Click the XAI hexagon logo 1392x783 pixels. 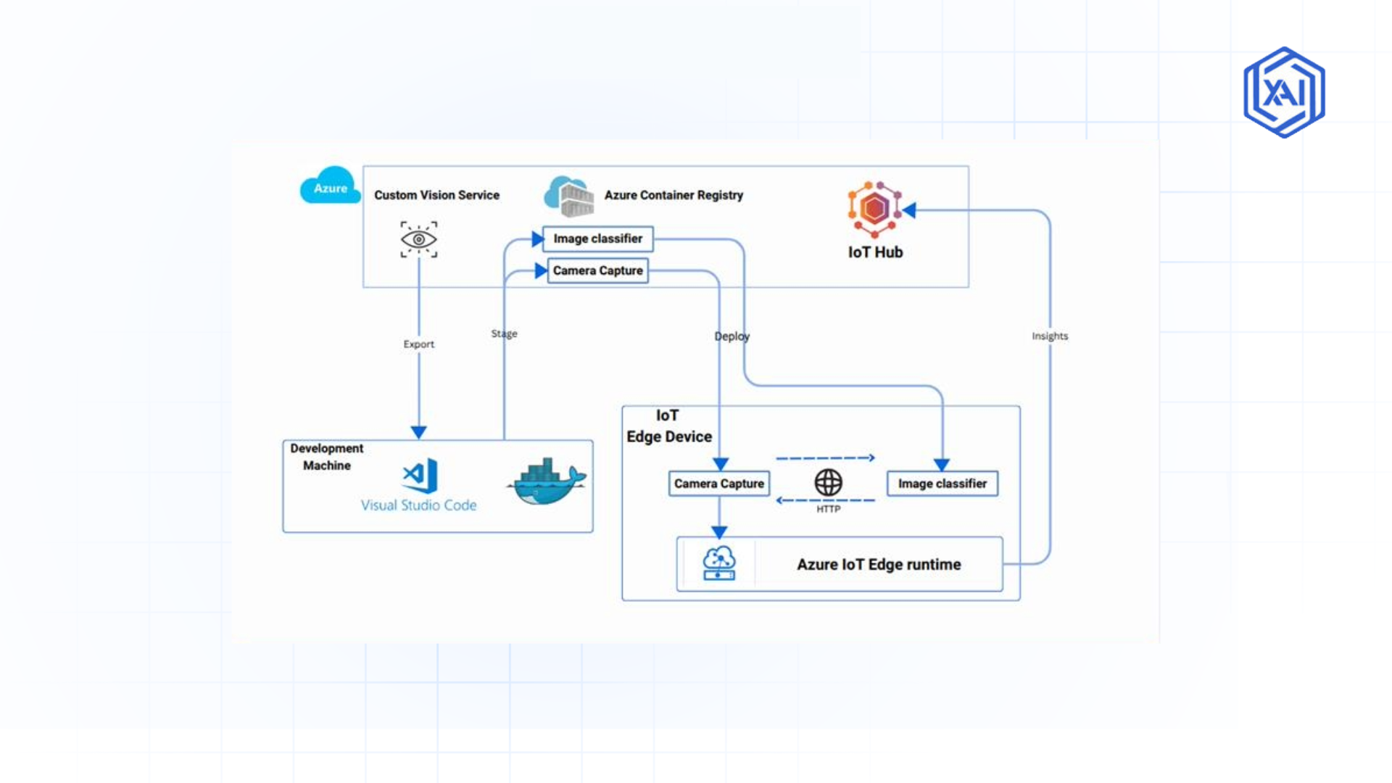[1284, 92]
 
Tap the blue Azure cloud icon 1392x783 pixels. [330, 186]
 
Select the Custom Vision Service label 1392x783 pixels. [436, 195]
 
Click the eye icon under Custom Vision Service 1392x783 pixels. [419, 239]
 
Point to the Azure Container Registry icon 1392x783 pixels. [570, 196]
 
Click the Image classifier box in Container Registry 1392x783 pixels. [598, 239]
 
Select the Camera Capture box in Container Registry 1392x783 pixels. [598, 270]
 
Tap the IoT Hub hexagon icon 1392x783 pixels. [874, 209]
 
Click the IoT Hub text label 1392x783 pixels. [875, 252]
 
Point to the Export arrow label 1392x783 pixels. [419, 344]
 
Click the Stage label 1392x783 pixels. [504, 333]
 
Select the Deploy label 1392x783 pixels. [732, 336]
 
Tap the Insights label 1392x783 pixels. [1049, 336]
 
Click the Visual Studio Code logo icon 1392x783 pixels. [420, 476]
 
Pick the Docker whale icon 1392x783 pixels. [547, 482]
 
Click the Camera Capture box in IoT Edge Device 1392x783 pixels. [718, 484]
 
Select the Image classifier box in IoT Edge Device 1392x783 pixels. [942, 484]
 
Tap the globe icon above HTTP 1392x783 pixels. [828, 482]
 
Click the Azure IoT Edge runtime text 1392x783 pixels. [879, 564]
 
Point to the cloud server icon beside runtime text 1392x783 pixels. [718, 563]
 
